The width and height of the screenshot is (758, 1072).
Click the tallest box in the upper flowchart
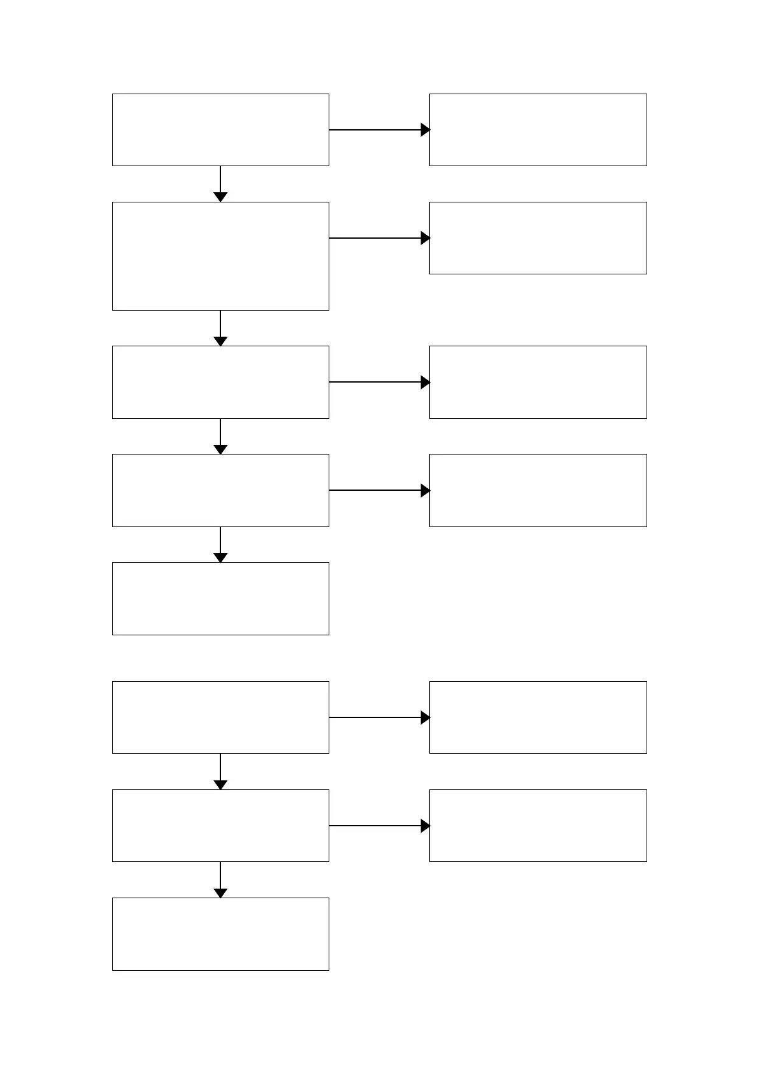(x=220, y=256)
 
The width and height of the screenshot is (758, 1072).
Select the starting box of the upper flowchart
(x=220, y=130)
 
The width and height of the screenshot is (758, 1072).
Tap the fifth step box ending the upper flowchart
(x=220, y=598)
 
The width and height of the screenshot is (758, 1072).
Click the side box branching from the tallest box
(x=538, y=238)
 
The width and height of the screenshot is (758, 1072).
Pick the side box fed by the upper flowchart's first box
(x=538, y=130)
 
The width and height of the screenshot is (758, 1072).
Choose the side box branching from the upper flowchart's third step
(x=538, y=382)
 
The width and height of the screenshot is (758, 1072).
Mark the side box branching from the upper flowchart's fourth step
(x=538, y=490)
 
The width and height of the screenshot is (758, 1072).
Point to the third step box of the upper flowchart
(x=220, y=382)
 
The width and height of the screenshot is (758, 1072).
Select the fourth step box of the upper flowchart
(x=220, y=490)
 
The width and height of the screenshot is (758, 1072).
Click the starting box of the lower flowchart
(x=220, y=717)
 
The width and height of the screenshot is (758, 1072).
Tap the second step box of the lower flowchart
(x=220, y=826)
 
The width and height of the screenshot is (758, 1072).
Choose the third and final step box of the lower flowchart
(x=220, y=934)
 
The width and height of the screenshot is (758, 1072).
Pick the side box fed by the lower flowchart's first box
(x=538, y=717)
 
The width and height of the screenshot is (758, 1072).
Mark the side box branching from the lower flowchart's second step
(x=538, y=826)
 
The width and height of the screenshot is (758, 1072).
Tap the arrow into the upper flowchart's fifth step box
(x=220, y=544)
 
